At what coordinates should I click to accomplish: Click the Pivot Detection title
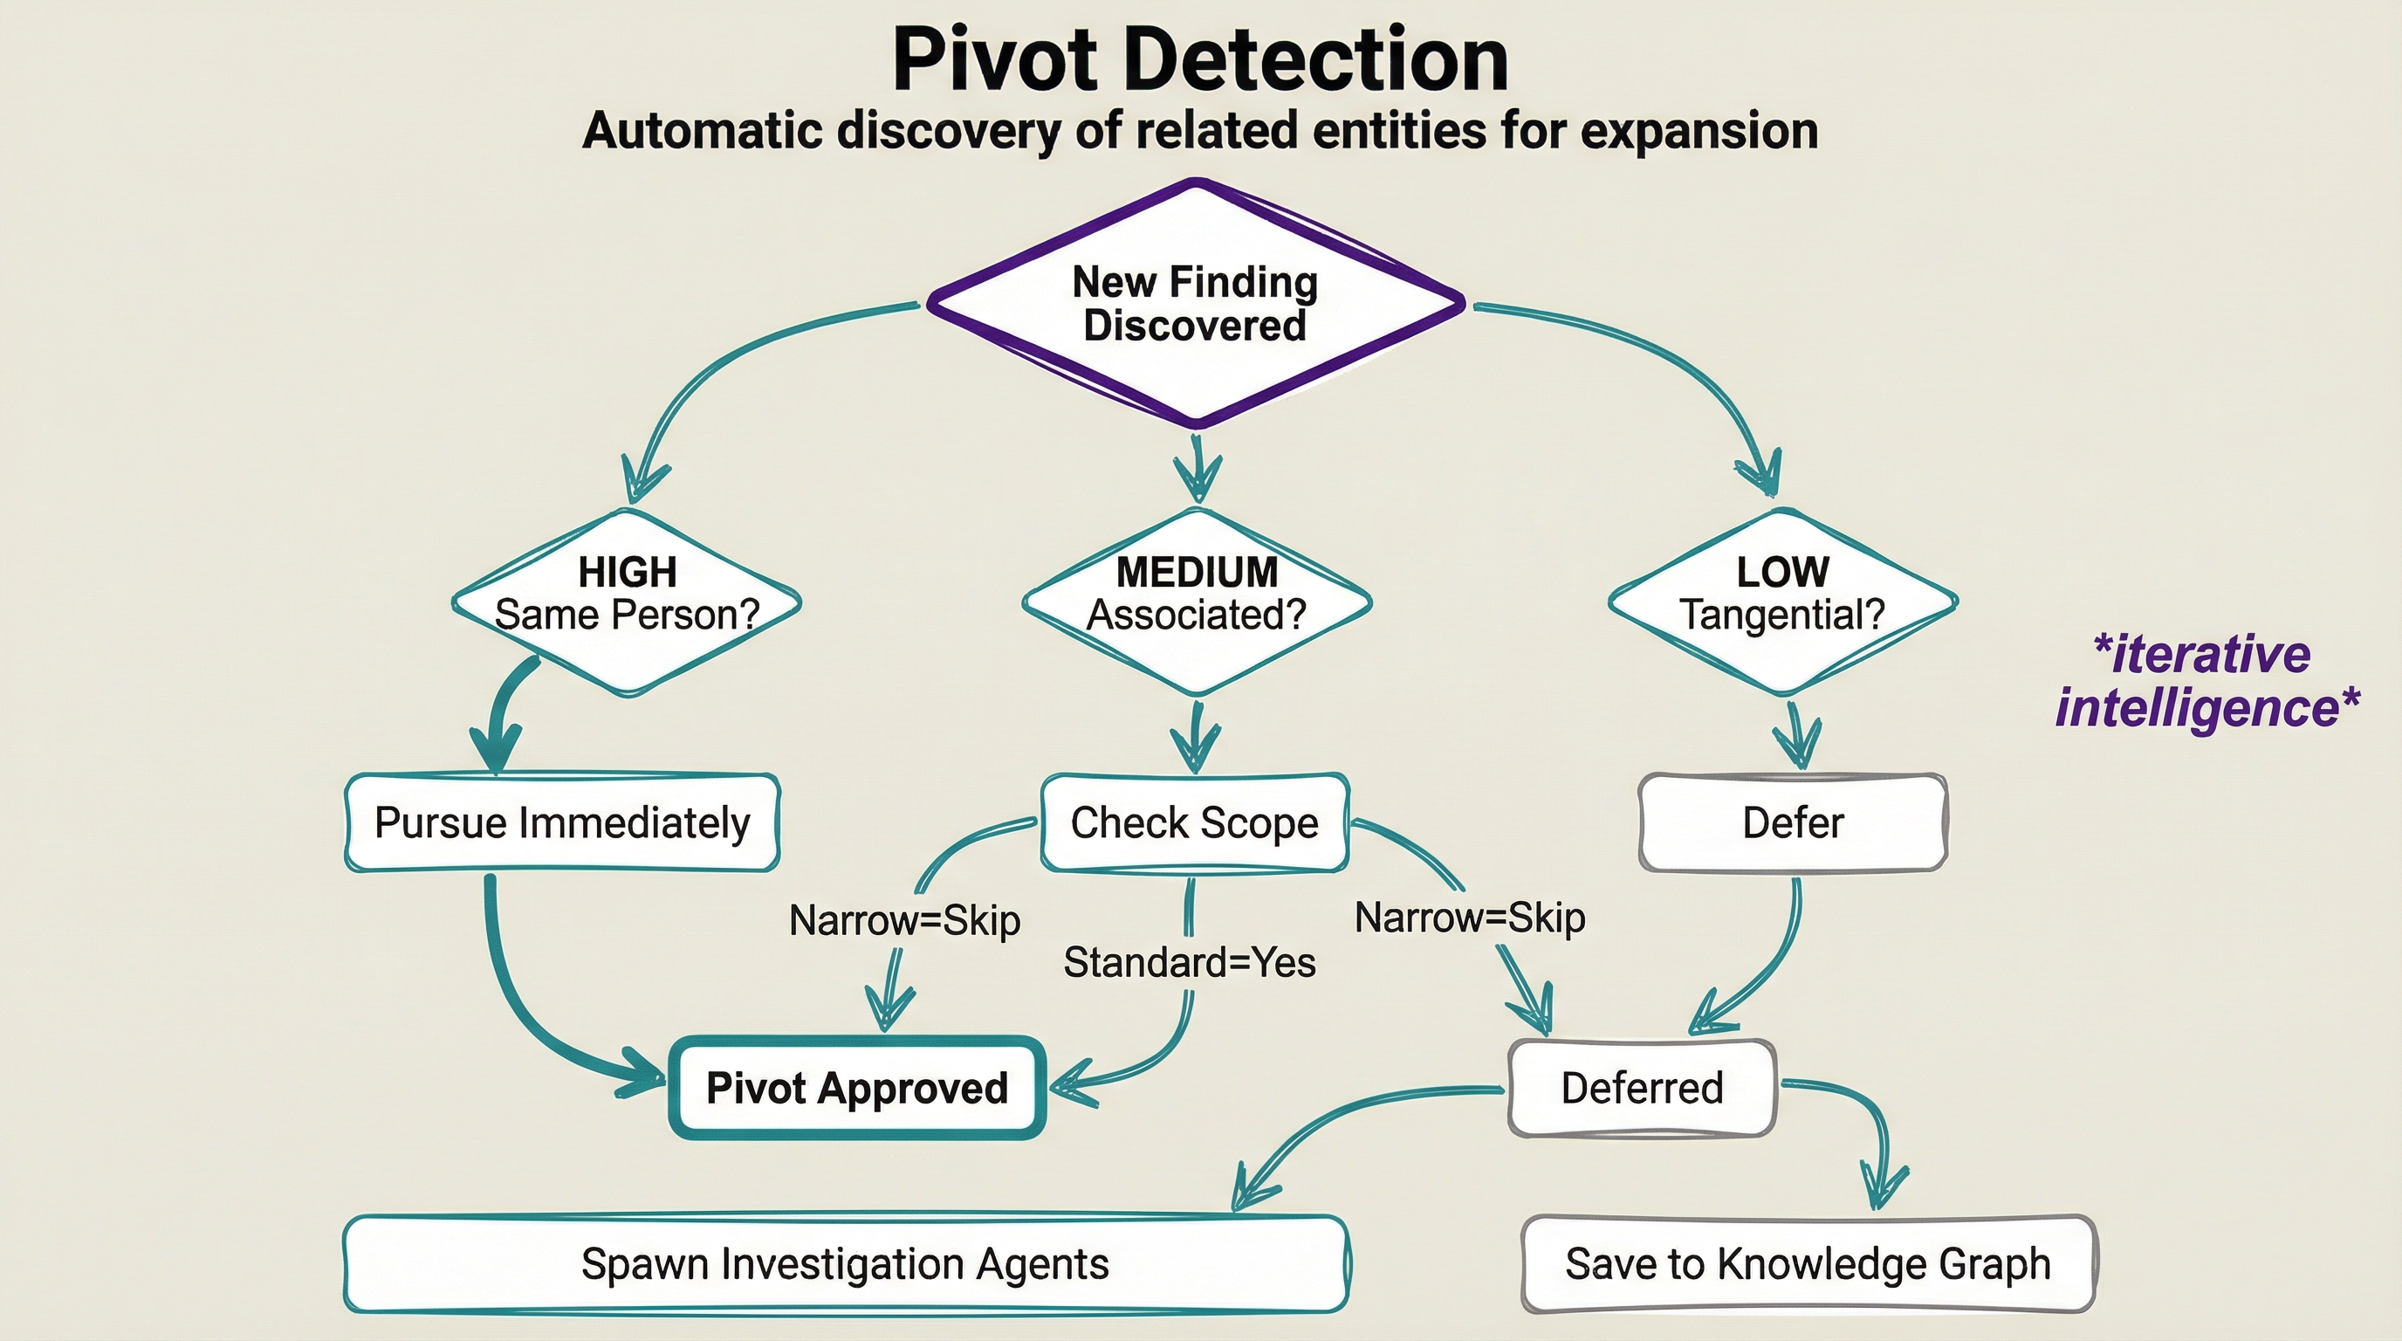(x=1200, y=59)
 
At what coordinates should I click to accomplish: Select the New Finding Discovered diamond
(x=1196, y=304)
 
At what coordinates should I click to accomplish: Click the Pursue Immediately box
(x=562, y=822)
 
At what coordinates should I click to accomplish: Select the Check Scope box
(x=1195, y=822)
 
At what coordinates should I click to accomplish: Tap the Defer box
(x=1792, y=822)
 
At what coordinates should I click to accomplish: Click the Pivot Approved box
(x=857, y=1087)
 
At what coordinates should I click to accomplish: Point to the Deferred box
(x=1641, y=1087)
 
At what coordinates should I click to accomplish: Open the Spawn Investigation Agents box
(x=845, y=1263)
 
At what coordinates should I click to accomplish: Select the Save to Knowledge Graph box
(x=1807, y=1263)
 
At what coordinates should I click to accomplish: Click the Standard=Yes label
(x=1189, y=962)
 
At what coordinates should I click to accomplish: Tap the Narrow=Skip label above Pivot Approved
(x=904, y=920)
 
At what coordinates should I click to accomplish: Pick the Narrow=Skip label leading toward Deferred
(x=1470, y=918)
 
